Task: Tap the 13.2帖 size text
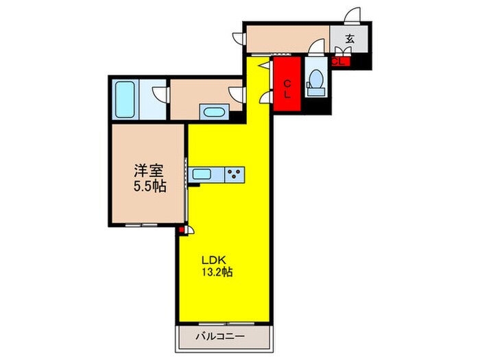218,272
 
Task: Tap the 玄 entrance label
350,39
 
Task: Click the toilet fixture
316,81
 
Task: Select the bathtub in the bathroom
125,100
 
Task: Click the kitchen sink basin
202,175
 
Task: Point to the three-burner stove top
235,175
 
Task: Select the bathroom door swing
160,93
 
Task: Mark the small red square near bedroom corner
182,231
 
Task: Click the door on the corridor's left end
239,38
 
